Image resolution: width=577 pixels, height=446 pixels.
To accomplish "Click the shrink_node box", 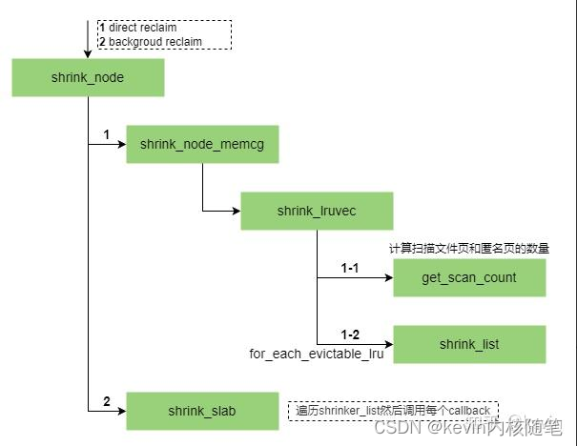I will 88,77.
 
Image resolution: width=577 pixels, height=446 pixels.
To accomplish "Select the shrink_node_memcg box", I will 202,144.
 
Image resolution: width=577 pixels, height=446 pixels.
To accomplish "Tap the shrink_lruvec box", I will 316,211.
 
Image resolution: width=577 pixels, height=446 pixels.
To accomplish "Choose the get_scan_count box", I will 469,277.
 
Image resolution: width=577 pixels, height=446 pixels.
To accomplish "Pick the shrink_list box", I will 469,344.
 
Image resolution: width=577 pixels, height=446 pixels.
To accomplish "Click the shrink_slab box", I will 202,411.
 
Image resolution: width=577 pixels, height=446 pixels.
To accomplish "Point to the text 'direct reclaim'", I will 142,28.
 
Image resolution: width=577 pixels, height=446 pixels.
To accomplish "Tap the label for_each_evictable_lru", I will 316,354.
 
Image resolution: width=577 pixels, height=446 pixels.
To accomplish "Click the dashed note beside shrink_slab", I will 393,411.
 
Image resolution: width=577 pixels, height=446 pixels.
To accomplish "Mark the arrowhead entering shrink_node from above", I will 88,53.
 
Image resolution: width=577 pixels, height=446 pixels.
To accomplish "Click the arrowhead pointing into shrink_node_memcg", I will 121,144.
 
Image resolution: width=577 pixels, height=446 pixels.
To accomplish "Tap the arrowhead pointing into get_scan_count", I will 388,277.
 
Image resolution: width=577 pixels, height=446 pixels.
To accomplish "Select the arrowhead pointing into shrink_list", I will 388,344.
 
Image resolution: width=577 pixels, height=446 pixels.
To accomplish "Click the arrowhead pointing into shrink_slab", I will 121,411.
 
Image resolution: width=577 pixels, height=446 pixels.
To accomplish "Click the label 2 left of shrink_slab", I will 107,402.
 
